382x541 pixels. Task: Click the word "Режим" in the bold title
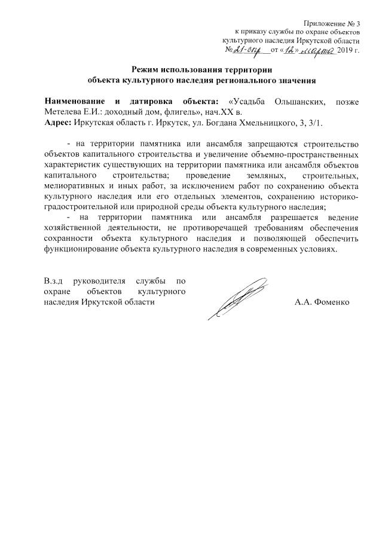(x=148, y=69)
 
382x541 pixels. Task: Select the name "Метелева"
(x=65, y=112)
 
